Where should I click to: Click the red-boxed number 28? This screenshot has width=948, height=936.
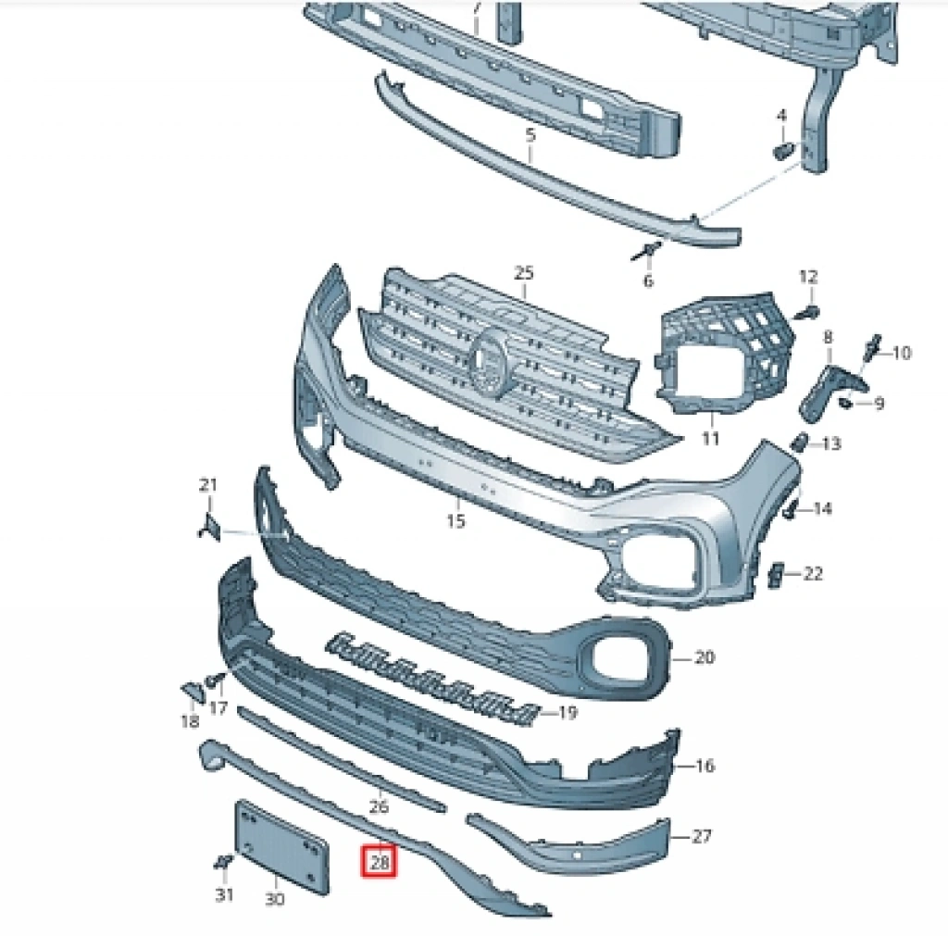379,862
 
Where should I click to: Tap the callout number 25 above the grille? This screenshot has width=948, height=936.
524,273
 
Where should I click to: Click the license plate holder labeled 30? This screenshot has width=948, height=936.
281,846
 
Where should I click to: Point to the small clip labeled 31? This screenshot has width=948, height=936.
223,861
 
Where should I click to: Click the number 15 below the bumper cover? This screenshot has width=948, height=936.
455,520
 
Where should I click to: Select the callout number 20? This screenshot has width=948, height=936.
704,656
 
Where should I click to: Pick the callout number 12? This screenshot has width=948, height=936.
808,277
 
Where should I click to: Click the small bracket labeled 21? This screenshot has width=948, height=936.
210,526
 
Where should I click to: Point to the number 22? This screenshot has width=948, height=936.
813,572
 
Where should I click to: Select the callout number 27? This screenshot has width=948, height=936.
702,836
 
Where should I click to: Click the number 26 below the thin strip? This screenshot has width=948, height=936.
379,806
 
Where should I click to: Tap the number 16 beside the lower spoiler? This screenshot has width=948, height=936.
705,766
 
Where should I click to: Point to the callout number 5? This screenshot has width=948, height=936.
530,135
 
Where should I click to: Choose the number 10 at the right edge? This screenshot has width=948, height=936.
902,353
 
